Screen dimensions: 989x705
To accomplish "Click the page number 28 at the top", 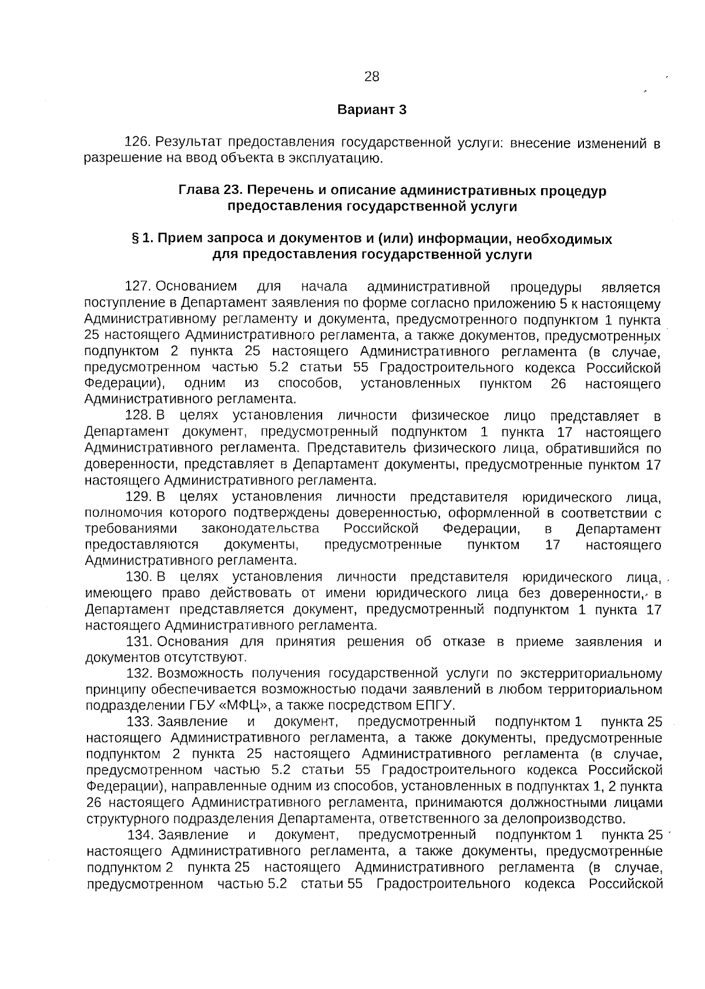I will pos(371,76).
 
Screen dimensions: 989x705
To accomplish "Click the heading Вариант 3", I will pos(372,110).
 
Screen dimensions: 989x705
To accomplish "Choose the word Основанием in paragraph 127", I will pos(196,288).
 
